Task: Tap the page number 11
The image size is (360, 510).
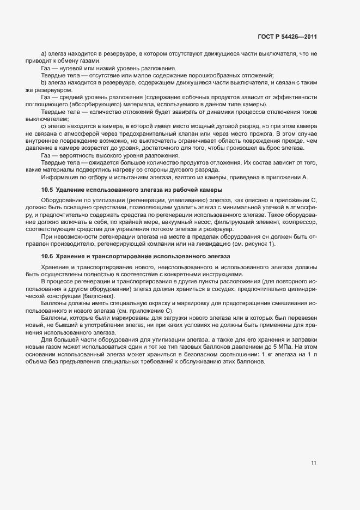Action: (314, 463)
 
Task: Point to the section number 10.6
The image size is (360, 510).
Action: (47, 256)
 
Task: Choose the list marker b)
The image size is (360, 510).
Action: (44, 82)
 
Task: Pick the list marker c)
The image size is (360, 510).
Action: (44, 126)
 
